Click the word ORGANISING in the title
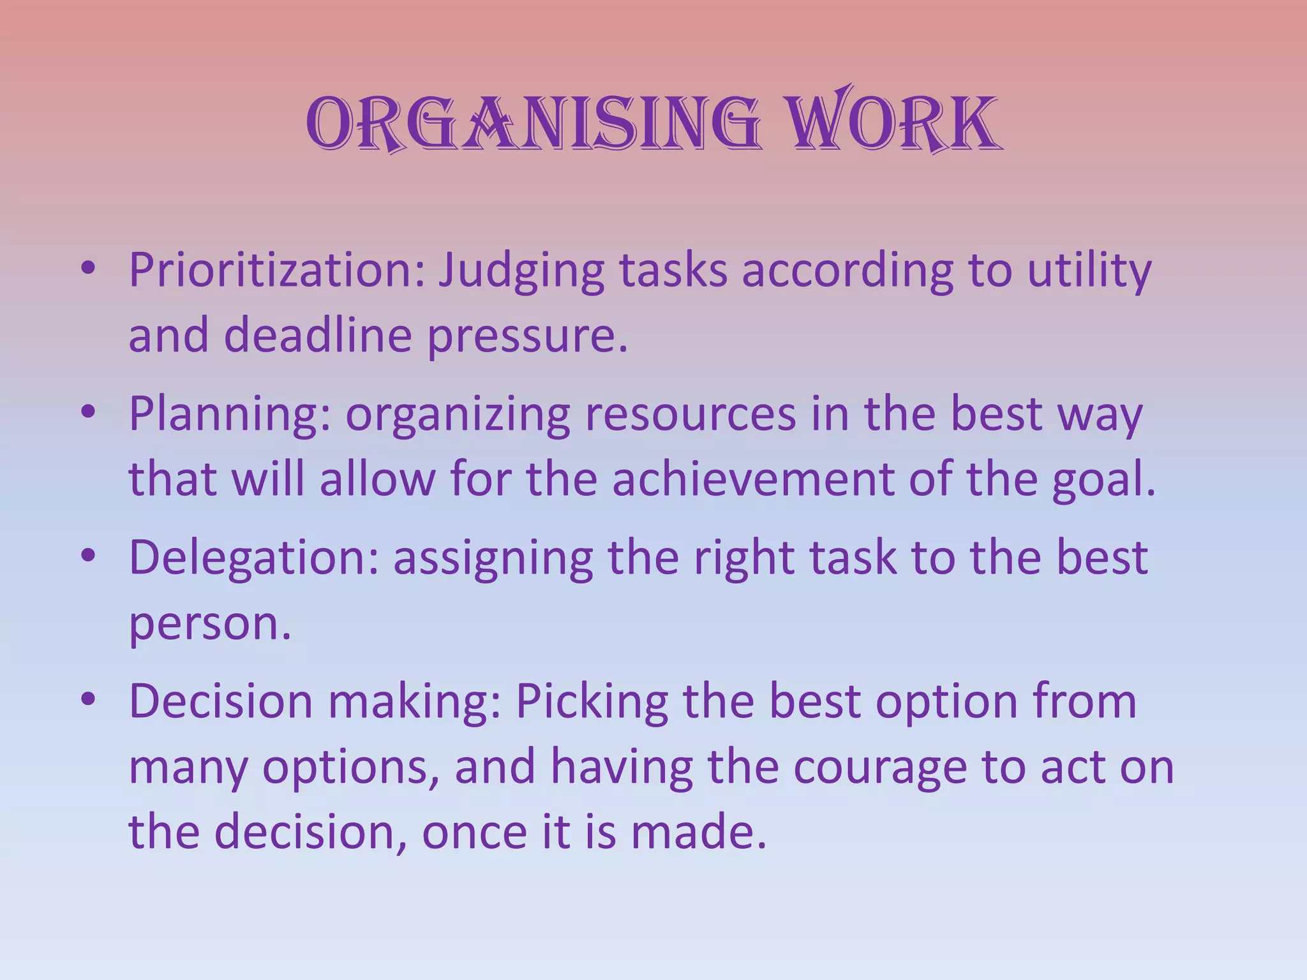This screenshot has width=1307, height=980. click(x=533, y=123)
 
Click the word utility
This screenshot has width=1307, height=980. click(x=1089, y=271)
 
